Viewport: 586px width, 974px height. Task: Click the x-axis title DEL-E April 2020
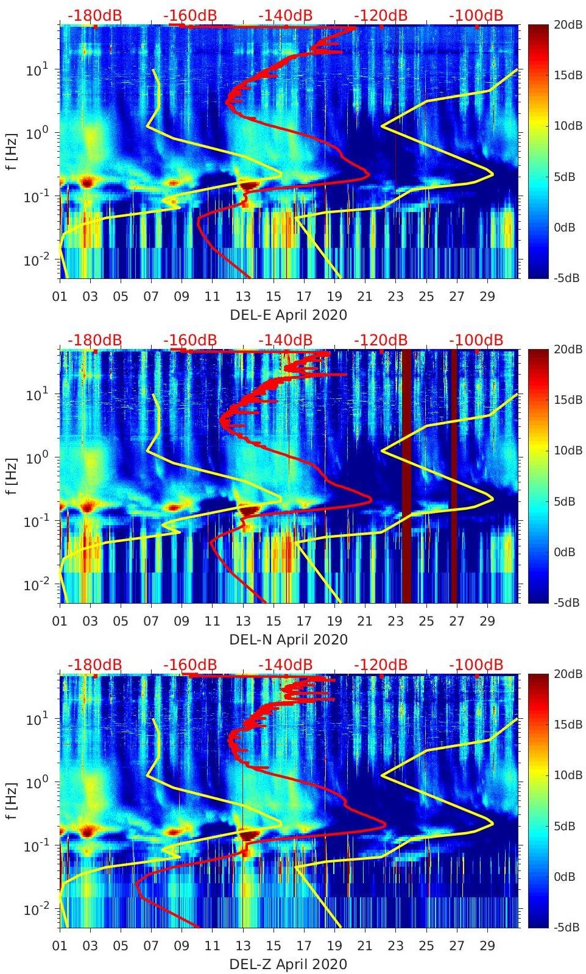pos(288,315)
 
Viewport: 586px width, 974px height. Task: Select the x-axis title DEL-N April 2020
pos(288,640)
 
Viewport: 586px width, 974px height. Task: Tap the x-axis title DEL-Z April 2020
pos(288,964)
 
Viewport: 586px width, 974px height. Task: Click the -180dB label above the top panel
pos(94,16)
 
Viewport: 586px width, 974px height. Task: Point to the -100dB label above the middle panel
pos(476,340)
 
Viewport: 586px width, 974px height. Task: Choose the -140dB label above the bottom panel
pos(285,665)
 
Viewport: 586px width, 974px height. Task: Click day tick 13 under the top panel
pos(243,297)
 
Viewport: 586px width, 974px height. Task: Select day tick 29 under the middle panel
pos(487,621)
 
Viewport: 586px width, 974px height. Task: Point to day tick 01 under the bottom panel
pos(60,946)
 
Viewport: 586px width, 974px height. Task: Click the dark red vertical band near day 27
pos(453,475)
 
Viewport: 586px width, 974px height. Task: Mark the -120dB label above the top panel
pos(381,16)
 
